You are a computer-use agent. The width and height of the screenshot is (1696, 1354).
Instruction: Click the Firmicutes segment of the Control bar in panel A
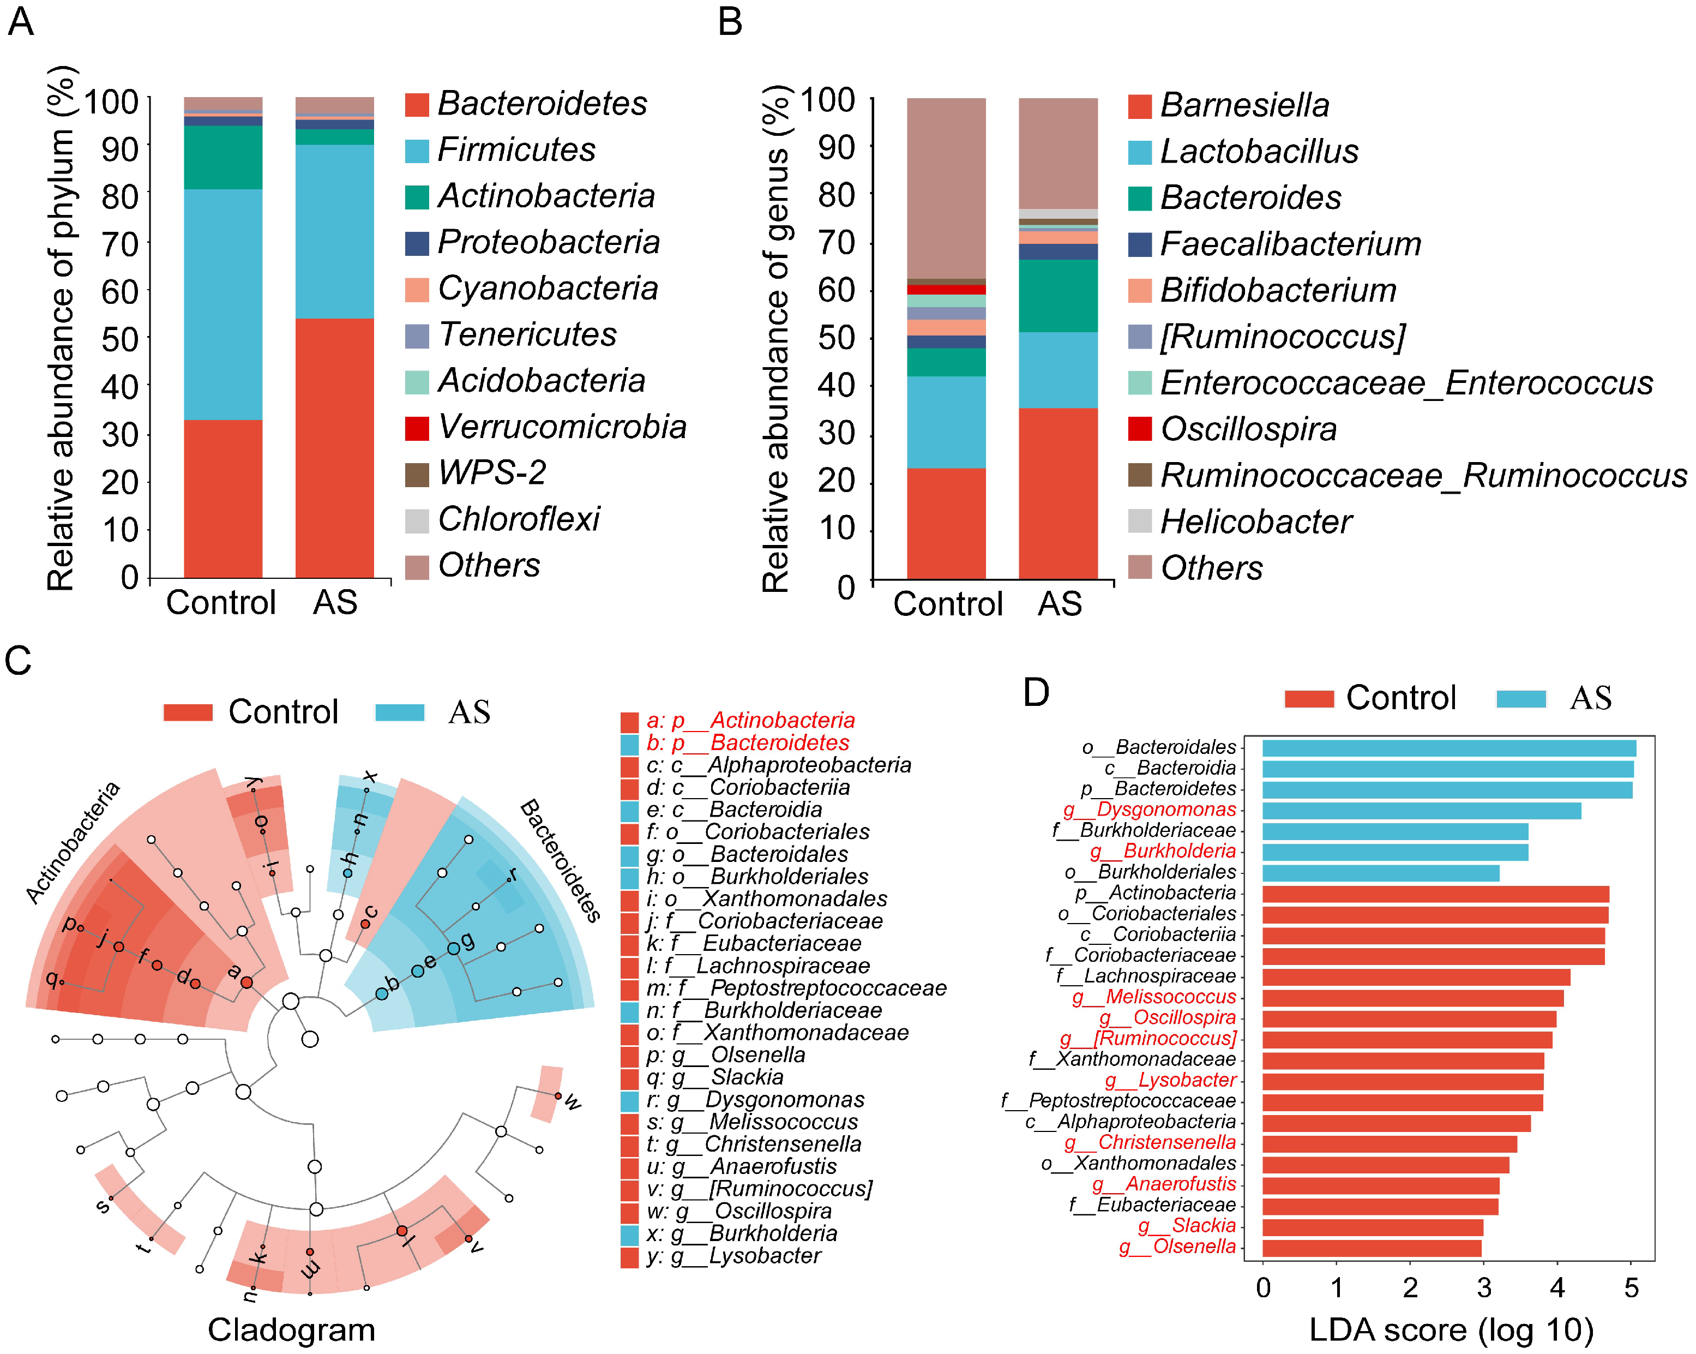click(222, 304)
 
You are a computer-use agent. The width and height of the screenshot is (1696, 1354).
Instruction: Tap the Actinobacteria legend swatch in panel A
click(417, 197)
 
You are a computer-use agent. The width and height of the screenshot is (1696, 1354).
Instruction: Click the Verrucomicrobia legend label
click(562, 427)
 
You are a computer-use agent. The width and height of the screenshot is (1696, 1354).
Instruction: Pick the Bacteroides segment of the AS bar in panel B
click(1057, 295)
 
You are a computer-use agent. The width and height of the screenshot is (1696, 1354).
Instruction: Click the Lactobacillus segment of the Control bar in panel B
click(946, 422)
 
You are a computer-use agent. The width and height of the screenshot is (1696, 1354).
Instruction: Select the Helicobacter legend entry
click(1255, 522)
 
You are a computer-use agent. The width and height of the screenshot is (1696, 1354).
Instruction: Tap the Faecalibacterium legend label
click(1290, 244)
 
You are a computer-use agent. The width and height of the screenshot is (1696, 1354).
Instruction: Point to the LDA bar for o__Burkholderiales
click(1381, 872)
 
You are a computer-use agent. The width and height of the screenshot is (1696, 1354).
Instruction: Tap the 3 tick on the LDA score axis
click(1484, 1288)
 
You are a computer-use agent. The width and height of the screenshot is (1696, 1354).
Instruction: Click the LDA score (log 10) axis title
click(1451, 1329)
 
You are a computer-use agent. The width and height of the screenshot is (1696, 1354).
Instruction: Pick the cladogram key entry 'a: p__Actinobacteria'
click(750, 720)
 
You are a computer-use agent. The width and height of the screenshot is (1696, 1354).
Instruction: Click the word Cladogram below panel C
click(291, 1329)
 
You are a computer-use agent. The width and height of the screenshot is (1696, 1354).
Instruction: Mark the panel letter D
click(1036, 692)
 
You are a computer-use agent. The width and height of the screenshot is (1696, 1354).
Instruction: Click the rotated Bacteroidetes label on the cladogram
click(561, 860)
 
